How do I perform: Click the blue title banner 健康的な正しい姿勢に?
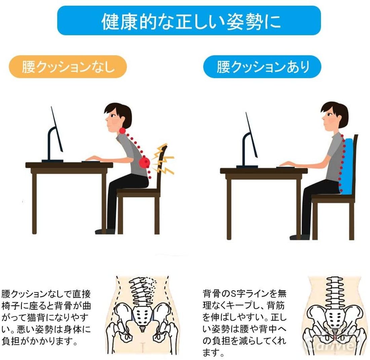(x=189, y=21)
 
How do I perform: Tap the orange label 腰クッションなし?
(x=68, y=67)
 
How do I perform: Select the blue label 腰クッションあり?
(x=262, y=67)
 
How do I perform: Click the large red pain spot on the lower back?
(x=144, y=162)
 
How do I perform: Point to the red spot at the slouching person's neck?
(x=122, y=130)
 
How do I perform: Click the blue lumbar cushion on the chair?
(x=346, y=167)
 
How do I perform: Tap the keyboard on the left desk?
(x=91, y=161)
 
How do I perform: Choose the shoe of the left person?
(x=105, y=231)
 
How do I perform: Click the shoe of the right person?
(x=300, y=237)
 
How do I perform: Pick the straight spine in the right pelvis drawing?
(x=333, y=293)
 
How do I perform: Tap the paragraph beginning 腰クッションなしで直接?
(x=46, y=318)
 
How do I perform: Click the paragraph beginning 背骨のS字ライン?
(x=245, y=323)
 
